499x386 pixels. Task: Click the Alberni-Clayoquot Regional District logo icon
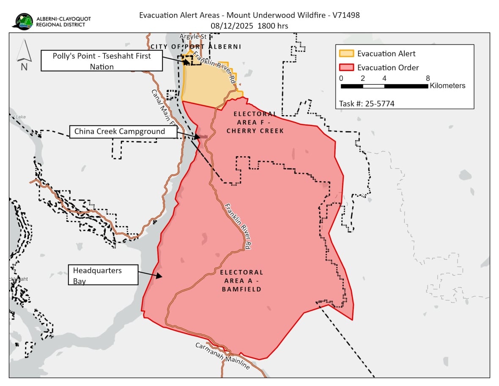click(24, 21)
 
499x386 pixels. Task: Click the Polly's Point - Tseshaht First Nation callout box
click(101, 61)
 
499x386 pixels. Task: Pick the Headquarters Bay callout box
click(103, 275)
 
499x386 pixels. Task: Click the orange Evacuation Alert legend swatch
click(346, 54)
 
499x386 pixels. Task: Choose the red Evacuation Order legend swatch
click(346, 68)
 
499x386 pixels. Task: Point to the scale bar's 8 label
click(428, 78)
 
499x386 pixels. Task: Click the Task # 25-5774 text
click(367, 103)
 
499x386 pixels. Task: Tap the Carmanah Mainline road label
click(222, 356)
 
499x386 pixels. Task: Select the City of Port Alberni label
click(196, 47)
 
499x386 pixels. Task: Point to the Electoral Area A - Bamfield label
click(241, 281)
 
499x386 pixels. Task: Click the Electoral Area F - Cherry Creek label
click(255, 122)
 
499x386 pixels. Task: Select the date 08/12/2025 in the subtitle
click(232, 26)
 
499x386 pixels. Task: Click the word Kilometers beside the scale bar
click(447, 86)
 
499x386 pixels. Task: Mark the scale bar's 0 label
click(341, 78)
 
